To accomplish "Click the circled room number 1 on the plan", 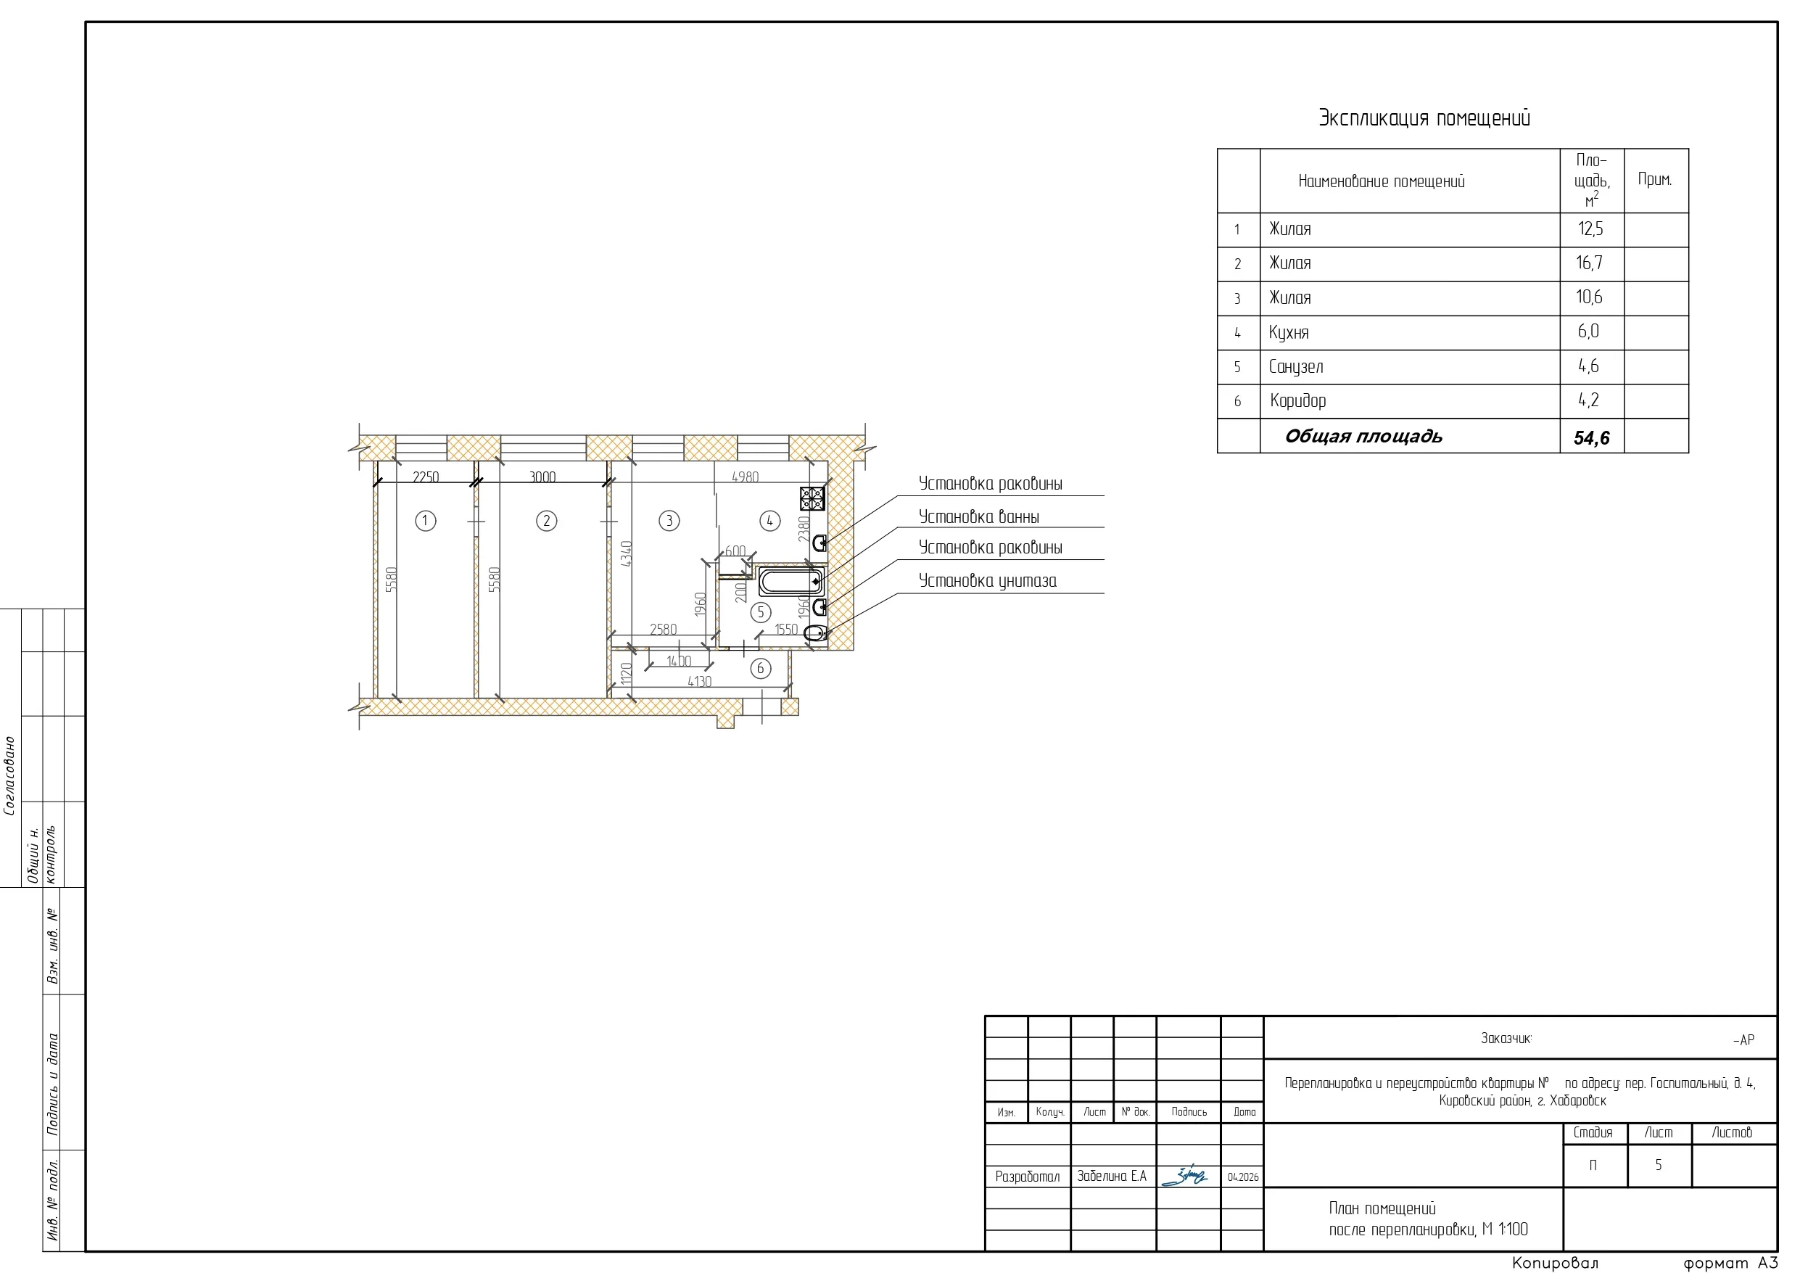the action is (x=426, y=521).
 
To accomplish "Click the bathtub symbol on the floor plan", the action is (x=790, y=582).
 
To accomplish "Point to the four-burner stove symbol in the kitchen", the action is (x=812, y=498).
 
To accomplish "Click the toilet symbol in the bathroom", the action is (x=815, y=633).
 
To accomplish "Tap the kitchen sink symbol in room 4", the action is (x=820, y=543).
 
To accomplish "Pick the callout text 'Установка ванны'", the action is (x=979, y=517).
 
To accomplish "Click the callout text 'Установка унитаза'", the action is (x=988, y=580).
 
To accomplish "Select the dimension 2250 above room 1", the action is (x=426, y=477).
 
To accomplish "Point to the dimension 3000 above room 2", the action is (x=542, y=477).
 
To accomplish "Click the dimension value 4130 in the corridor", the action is (x=699, y=682).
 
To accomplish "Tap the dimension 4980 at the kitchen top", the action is (x=745, y=477).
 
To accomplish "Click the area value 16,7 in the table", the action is (x=1590, y=263).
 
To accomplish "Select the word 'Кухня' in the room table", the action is (x=1289, y=332).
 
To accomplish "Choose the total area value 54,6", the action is (x=1591, y=437).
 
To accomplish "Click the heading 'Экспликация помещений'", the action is (x=1424, y=118).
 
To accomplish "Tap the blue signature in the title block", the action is (x=1184, y=1176).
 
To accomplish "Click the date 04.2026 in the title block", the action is (x=1243, y=1177).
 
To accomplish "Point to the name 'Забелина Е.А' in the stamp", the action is (x=1112, y=1177).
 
